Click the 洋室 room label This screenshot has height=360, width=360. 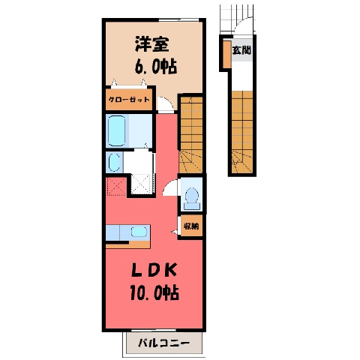point(152,44)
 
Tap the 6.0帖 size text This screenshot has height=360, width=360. point(156,67)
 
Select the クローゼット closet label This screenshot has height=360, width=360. point(129,100)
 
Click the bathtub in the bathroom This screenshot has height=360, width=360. point(116,130)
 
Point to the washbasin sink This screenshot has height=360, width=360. point(114,162)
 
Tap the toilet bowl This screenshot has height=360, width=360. point(192,196)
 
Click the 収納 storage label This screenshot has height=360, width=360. point(191,226)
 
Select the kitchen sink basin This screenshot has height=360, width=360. point(139,232)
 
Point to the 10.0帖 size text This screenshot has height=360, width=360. point(154,292)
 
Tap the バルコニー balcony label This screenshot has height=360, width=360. point(163,343)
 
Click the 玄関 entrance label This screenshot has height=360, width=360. point(241,50)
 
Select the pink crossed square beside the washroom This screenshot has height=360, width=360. point(116,186)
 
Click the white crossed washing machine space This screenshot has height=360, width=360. point(141,184)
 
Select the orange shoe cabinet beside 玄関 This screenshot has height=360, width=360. point(227,54)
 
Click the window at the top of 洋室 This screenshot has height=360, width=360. point(178,19)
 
